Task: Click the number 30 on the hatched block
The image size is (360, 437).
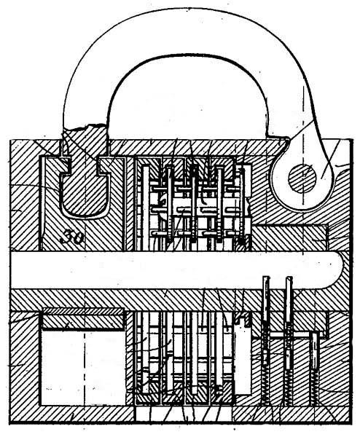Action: (x=73, y=237)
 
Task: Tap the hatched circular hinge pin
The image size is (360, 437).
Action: (x=302, y=178)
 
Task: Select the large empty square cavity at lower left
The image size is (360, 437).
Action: (x=83, y=368)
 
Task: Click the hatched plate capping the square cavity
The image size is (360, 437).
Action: (x=83, y=318)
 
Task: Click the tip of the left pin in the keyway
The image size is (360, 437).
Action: (x=266, y=277)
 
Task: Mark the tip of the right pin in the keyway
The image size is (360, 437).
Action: (x=289, y=277)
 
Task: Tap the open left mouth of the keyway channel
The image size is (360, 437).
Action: (x=12, y=269)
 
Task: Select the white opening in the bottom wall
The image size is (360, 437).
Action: (x=184, y=414)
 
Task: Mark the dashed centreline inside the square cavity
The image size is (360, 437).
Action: (x=84, y=368)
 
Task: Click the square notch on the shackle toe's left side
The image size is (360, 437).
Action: (x=66, y=166)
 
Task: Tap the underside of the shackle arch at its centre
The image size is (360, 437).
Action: (x=187, y=55)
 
